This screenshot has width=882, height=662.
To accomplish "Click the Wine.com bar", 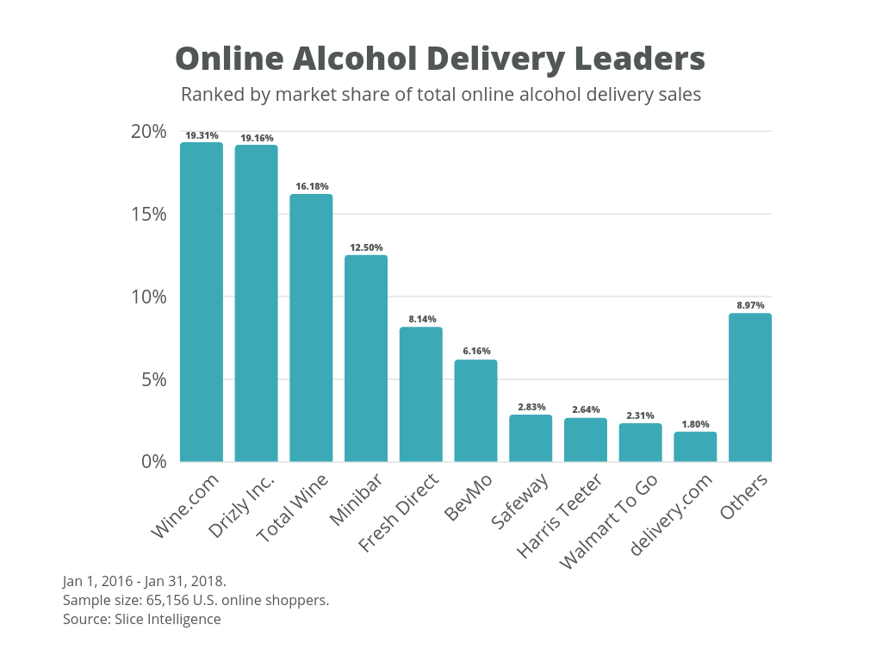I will pyautogui.click(x=202, y=302).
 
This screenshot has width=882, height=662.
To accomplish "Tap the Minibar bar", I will pyautogui.click(x=366, y=358).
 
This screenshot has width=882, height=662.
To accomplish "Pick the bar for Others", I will pyautogui.click(x=750, y=387).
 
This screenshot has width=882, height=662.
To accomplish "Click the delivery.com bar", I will pyautogui.click(x=695, y=447).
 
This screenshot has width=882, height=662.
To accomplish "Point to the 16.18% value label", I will pyautogui.click(x=311, y=186).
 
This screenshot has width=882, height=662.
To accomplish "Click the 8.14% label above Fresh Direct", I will pyautogui.click(x=421, y=319).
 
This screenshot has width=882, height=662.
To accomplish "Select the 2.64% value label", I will pyautogui.click(x=586, y=409).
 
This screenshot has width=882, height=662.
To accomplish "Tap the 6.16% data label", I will pyautogui.click(x=476, y=351).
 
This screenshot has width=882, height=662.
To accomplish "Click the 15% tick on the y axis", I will pyautogui.click(x=149, y=214).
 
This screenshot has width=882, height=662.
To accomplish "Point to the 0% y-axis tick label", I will pyautogui.click(x=153, y=461).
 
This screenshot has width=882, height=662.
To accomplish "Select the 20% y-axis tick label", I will pyautogui.click(x=149, y=131).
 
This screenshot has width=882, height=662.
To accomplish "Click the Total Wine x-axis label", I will pyautogui.click(x=294, y=508).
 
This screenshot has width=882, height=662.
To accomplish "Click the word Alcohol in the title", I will pyautogui.click(x=353, y=59).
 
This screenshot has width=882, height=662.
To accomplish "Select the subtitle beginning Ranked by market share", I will pyautogui.click(x=440, y=94).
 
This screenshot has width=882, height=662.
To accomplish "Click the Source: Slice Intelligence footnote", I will pyautogui.click(x=141, y=619).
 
